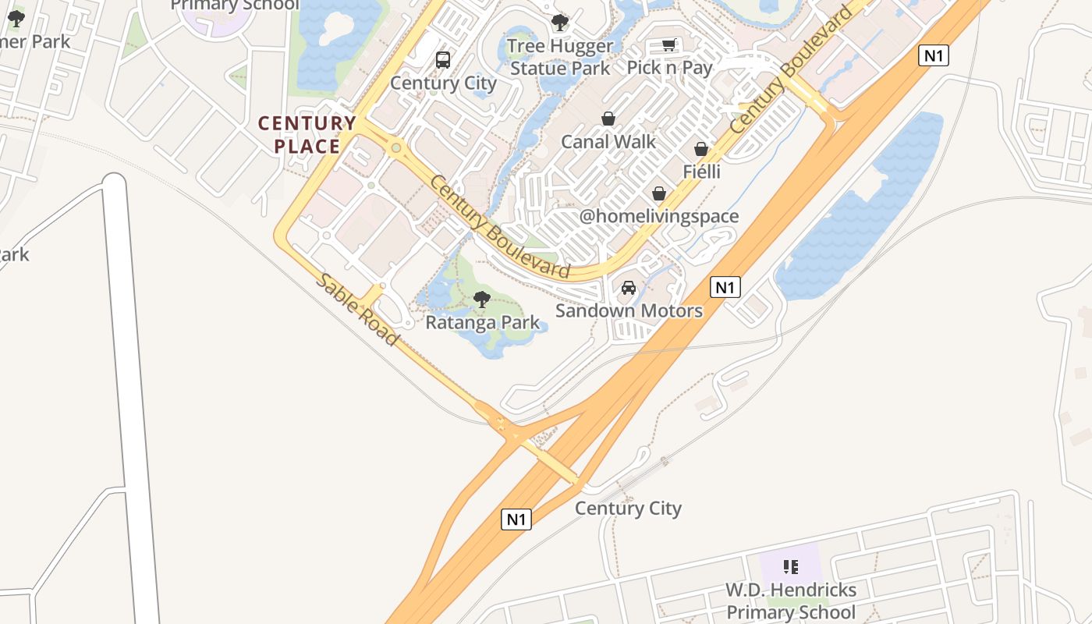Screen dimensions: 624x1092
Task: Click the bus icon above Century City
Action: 443,60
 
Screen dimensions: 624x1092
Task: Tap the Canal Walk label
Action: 608,142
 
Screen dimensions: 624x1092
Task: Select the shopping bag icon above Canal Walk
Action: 608,119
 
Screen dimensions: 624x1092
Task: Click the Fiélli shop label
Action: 701,172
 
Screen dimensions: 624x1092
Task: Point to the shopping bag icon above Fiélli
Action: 701,148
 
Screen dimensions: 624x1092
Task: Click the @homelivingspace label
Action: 659,216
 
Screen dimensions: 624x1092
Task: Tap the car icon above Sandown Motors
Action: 629,288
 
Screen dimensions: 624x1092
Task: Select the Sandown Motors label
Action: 629,310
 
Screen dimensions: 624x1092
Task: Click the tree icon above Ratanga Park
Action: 482,299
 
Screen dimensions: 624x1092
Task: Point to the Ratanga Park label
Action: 482,322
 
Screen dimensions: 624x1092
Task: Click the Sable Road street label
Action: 358,310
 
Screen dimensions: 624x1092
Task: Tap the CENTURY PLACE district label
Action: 307,135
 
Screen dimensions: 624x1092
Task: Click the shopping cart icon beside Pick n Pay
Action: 668,45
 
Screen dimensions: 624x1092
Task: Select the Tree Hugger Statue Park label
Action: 560,57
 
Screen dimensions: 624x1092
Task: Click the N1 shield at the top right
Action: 933,55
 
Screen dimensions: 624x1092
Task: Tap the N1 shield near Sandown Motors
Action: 725,287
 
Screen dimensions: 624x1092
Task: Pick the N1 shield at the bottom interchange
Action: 516,519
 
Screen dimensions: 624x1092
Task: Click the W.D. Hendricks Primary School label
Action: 791,601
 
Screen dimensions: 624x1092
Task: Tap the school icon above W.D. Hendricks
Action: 791,566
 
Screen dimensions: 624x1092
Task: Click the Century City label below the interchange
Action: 628,509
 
